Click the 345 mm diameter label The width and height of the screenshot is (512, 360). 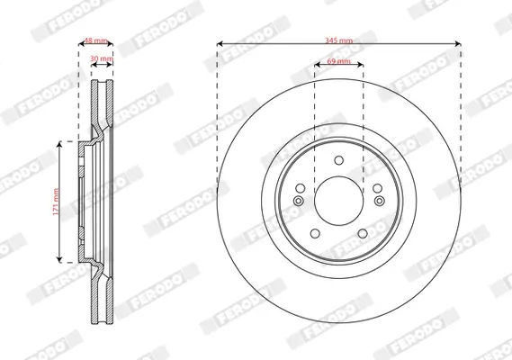point(339,40)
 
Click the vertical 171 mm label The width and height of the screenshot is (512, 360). point(55,201)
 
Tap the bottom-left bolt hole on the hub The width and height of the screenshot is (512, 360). point(316,233)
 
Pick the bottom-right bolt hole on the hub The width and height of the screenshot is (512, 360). point(361,233)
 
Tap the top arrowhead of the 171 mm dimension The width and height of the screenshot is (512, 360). point(61,142)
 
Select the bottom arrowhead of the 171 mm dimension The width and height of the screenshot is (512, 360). point(61,259)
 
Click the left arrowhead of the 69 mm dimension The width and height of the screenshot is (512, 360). point(316,64)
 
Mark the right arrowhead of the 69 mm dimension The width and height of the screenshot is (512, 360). point(361,64)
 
